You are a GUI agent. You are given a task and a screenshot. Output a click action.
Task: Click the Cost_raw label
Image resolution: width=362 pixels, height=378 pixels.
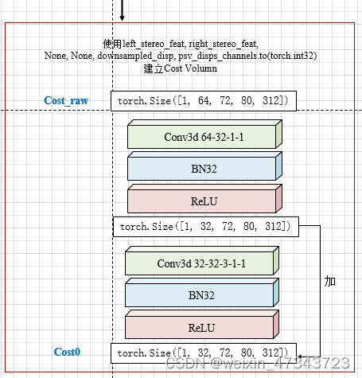coord(66,101)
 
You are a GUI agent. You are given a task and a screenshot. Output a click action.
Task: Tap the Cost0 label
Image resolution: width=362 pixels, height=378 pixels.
coord(67,352)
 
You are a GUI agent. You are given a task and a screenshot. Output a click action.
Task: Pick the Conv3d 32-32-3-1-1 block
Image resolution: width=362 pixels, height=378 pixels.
coord(200,263)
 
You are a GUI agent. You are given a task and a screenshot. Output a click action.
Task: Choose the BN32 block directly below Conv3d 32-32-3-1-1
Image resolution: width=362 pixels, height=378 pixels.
coord(200,294)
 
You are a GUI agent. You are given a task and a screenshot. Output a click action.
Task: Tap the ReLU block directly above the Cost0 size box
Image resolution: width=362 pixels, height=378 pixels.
coord(200,326)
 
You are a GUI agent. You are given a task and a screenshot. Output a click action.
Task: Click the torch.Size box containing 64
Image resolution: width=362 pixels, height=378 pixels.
coord(205,101)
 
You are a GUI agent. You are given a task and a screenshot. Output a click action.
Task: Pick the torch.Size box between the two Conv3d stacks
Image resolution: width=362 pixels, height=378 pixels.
coord(205,227)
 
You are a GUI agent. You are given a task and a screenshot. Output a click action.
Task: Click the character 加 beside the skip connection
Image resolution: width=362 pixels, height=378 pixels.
coord(330,282)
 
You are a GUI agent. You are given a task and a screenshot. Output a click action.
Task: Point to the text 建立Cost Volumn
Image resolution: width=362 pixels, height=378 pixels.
coord(180,68)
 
